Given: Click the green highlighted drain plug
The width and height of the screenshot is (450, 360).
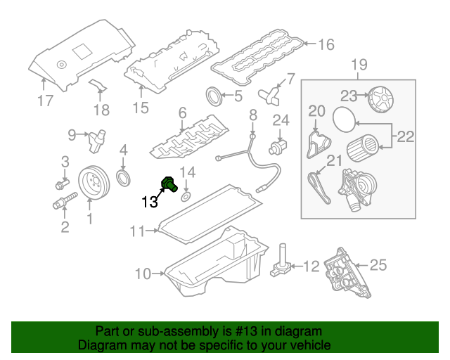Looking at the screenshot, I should click(x=169, y=184).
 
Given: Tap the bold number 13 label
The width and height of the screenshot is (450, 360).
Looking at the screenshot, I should click(x=150, y=202).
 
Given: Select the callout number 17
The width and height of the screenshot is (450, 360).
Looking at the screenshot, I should click(x=45, y=101).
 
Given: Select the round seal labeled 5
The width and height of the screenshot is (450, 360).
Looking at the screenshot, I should click(x=212, y=95).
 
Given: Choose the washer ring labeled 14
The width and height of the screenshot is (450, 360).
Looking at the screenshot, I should click(x=186, y=194).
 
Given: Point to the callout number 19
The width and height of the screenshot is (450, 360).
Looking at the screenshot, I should click(x=359, y=66).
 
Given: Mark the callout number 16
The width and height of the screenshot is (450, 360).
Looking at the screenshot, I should click(x=326, y=45).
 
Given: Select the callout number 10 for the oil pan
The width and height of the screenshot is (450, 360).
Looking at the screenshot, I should click(x=143, y=274).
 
